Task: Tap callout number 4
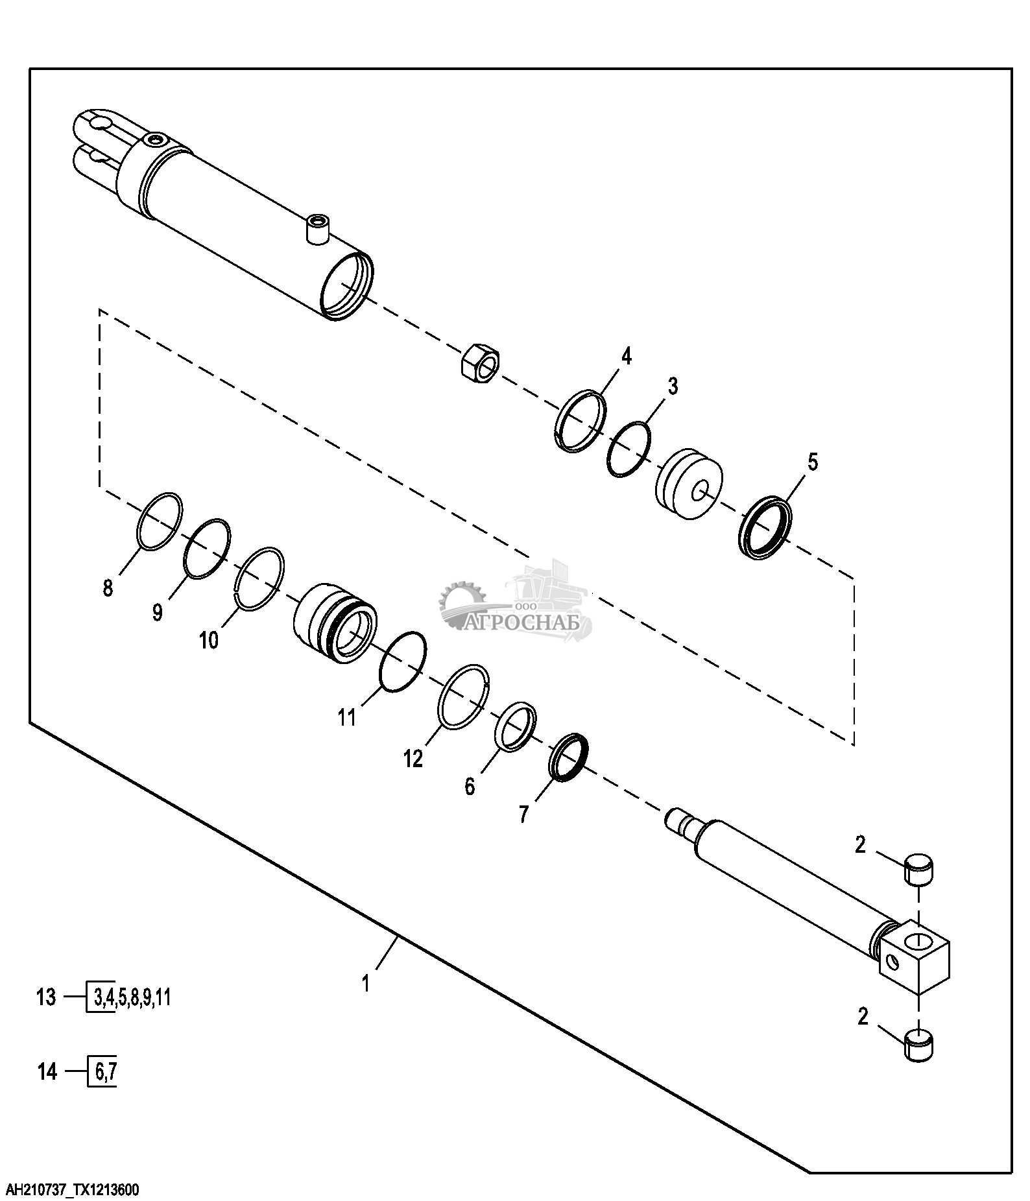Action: [626, 356]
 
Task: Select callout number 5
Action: [812, 463]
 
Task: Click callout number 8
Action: [108, 588]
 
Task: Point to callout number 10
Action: [209, 640]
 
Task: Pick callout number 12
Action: [413, 758]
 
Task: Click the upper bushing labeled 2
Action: [919, 870]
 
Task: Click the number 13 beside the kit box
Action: [47, 1015]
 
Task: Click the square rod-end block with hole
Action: [914, 957]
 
